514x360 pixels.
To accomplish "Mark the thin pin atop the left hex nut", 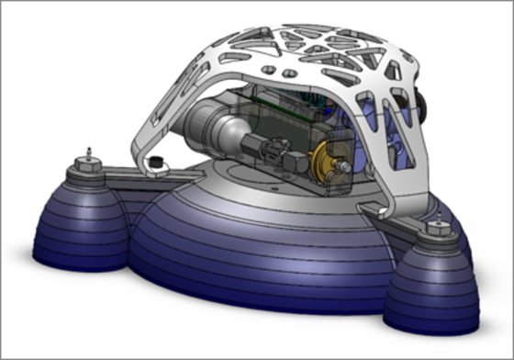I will [x=87, y=150].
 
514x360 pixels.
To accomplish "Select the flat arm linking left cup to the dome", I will [x=123, y=174].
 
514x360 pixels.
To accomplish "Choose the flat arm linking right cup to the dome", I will [x=385, y=216].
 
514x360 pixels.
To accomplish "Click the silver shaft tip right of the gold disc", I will [x=342, y=166].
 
